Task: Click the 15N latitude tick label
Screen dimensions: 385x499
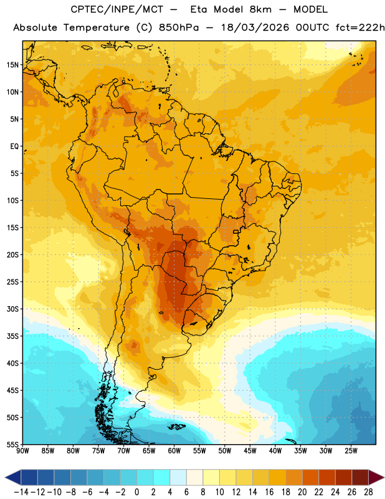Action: (x=12, y=65)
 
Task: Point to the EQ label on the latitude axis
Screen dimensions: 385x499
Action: (x=14, y=147)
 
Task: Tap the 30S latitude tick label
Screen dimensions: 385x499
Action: (x=12, y=309)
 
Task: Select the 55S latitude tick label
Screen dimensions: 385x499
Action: (x=12, y=445)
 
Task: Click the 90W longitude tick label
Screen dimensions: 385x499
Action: (x=23, y=451)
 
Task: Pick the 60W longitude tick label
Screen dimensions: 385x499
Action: (x=174, y=451)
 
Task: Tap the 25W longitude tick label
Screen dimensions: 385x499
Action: (x=351, y=451)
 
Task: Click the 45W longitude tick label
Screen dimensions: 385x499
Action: (x=250, y=451)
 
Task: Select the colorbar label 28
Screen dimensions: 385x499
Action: (x=368, y=492)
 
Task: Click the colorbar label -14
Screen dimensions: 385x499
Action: (x=21, y=492)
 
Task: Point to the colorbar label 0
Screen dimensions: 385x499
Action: (x=137, y=492)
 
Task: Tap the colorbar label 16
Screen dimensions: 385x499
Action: (x=269, y=492)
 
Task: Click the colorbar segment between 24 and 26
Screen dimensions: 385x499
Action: (x=344, y=477)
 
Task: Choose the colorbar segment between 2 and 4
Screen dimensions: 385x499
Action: (x=162, y=477)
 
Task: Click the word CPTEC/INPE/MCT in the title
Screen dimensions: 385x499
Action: (x=117, y=9)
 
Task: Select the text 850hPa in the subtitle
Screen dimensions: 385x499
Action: (x=179, y=27)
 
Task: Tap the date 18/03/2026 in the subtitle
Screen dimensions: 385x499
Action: (x=255, y=27)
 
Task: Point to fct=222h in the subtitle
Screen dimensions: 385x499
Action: (x=360, y=27)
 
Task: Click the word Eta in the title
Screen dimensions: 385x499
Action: (x=199, y=9)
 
